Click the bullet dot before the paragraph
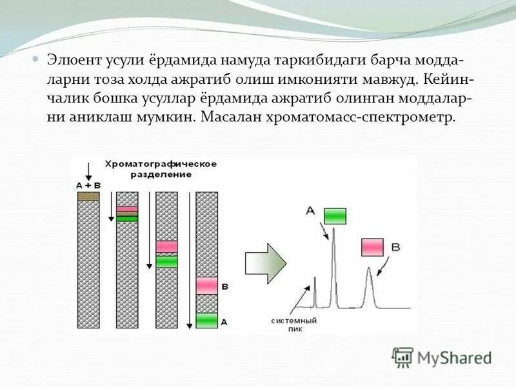[37, 59]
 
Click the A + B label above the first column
[88, 185]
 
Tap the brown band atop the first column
[88, 196]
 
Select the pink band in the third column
[166, 246]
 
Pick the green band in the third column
[166, 261]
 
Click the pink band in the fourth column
[206, 285]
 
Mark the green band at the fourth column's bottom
[206, 320]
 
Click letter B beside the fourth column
[224, 285]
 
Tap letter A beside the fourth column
[224, 321]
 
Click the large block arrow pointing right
[266, 263]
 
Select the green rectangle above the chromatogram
[335, 215]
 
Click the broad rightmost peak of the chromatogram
[370, 284]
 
